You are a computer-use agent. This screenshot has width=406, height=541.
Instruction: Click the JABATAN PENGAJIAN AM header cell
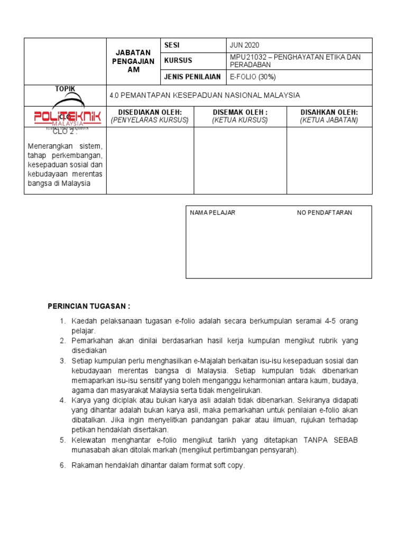point(135,61)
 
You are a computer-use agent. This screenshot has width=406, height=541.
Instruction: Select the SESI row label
point(172,45)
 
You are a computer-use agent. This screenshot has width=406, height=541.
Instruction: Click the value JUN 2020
point(245,45)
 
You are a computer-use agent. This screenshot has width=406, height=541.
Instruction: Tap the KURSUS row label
point(178,61)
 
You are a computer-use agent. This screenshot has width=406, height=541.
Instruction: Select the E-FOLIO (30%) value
point(253,77)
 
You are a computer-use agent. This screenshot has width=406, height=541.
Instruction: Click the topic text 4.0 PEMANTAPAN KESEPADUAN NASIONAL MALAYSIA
point(205,95)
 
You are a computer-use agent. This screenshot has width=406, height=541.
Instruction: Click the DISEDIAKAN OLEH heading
point(150,113)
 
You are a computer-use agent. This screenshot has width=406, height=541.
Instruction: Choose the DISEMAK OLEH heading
point(240,113)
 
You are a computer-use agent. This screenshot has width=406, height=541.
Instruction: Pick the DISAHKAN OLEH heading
point(329,113)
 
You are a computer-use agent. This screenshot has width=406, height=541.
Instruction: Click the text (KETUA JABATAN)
point(329,120)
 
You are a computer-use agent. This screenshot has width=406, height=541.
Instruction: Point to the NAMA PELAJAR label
point(213,212)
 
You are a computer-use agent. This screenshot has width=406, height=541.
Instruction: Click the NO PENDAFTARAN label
point(324,212)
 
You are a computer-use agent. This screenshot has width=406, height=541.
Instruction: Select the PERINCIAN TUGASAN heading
point(89,306)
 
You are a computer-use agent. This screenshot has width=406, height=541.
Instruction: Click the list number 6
point(61,465)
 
